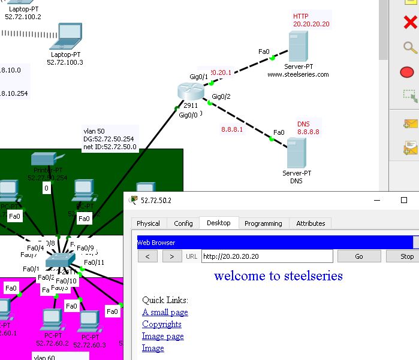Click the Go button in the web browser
point(358,256)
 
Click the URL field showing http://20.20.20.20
point(266,256)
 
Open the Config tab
point(183,223)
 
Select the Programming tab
point(263,223)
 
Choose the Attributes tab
point(311,223)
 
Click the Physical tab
point(148,223)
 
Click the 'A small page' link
point(165,312)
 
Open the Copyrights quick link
point(162,324)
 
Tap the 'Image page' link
point(163,336)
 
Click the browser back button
point(148,256)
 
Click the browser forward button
point(172,256)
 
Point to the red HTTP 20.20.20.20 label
point(311,20)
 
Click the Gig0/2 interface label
point(221,96)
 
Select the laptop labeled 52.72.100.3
point(69,37)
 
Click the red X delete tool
point(411,23)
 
